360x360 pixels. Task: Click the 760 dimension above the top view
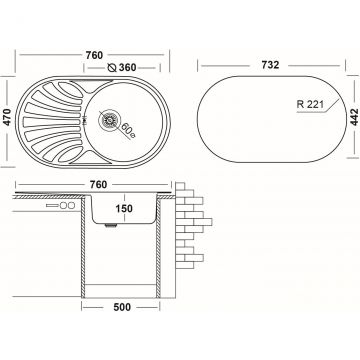pyautogui.click(x=94, y=55)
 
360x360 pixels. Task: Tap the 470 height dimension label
pyautogui.click(x=7, y=116)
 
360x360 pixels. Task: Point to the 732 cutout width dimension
pyautogui.click(x=270, y=65)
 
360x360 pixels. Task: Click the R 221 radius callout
pyautogui.click(x=310, y=104)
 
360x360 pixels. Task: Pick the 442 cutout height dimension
pyautogui.click(x=354, y=116)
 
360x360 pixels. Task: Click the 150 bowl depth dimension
pyautogui.click(x=124, y=208)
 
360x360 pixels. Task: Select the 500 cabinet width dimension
pyautogui.click(x=122, y=307)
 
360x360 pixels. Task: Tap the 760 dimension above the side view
pyautogui.click(x=98, y=184)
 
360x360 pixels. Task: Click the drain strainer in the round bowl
pyautogui.click(x=108, y=120)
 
